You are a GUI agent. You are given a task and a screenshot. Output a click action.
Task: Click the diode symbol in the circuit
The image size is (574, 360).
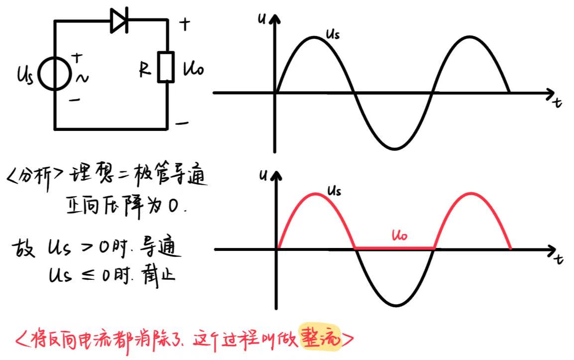(119, 20)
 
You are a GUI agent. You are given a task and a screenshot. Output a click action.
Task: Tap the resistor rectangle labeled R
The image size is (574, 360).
(166, 66)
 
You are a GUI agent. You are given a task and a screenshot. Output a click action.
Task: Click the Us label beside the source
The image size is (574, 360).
(24, 77)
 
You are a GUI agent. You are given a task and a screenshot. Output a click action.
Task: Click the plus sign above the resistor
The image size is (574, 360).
(184, 24)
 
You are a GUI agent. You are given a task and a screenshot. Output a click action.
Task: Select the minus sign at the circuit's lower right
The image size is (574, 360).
(182, 122)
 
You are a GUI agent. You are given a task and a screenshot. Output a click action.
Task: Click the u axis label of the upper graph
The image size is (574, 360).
(261, 19)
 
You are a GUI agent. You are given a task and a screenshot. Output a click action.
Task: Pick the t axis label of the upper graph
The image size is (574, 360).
(558, 103)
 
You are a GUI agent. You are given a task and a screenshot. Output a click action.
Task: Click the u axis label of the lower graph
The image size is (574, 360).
(261, 175)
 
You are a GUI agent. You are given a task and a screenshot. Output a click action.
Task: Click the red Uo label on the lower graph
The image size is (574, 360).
(399, 235)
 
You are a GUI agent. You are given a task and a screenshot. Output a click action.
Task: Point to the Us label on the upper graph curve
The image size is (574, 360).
(333, 34)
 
